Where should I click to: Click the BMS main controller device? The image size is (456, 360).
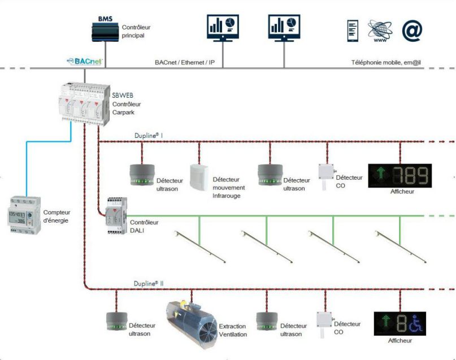point(105,32)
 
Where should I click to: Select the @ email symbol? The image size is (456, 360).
point(412,31)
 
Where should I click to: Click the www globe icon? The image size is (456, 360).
point(380,31)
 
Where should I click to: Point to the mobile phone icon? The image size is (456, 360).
point(352,31)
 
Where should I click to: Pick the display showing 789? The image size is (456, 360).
point(399,175)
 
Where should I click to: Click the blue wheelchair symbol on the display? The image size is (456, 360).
point(417,323)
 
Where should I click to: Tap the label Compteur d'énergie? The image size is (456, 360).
point(56,216)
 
